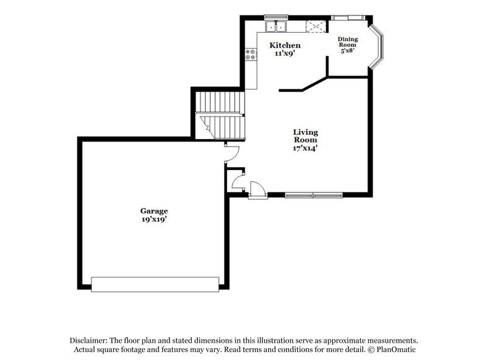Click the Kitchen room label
[285, 45]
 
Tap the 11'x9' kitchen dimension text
[285, 54]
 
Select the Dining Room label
[347, 42]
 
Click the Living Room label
[305, 136]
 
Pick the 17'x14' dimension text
[305, 148]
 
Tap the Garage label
[153, 211]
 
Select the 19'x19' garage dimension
[153, 220]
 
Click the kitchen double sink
[276, 26]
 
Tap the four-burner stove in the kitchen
[252, 54]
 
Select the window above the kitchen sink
[272, 16]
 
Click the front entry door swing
[257, 189]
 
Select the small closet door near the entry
[237, 180]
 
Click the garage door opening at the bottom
[155, 284]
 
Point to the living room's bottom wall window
[313, 195]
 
